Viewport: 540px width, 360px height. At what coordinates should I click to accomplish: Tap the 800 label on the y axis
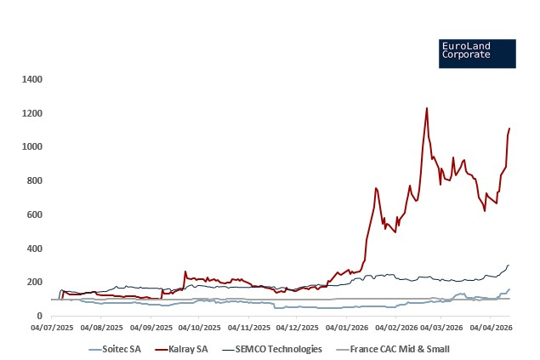(x=35, y=180)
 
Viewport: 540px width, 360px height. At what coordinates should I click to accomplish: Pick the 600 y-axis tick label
(x=35, y=214)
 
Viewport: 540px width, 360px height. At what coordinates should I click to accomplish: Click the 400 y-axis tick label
(x=35, y=249)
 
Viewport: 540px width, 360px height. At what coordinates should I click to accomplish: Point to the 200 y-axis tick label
(x=35, y=282)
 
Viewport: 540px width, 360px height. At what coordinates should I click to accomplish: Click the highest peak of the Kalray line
(x=426, y=108)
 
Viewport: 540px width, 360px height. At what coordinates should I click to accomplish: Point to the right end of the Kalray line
(x=509, y=129)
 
